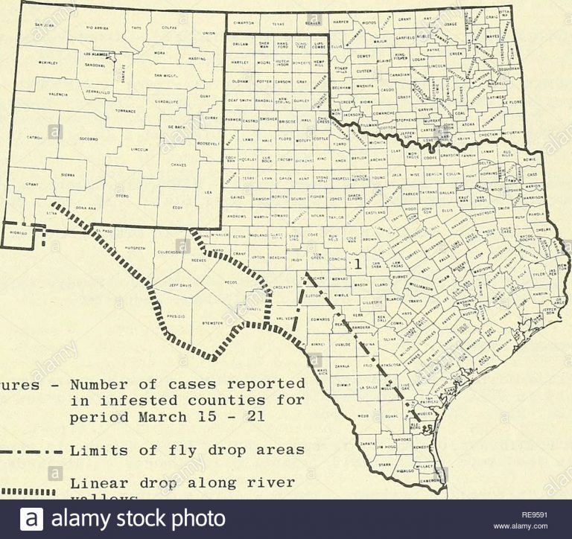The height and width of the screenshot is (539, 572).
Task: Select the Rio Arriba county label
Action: click(x=99, y=28)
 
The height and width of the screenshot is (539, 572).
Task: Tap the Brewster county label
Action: click(x=214, y=323)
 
